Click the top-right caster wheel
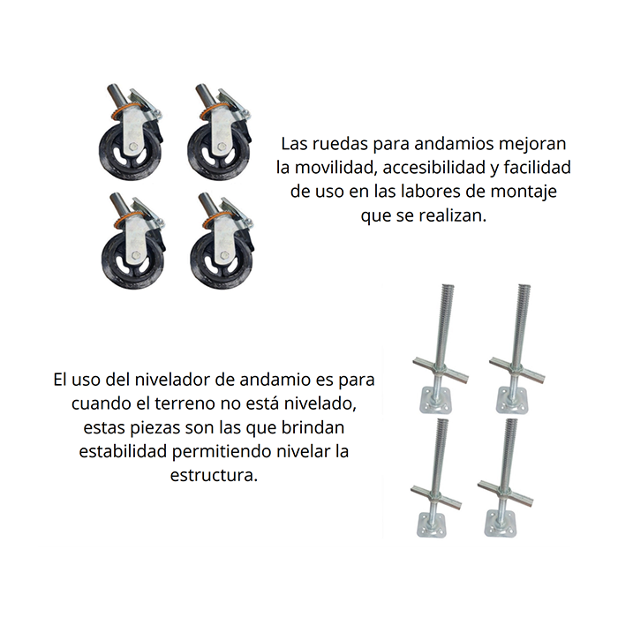pyautogui.click(x=220, y=132)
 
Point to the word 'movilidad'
pyautogui.click(x=335, y=168)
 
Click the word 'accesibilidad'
pyautogui.click(x=434, y=168)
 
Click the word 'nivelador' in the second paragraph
pyautogui.click(x=172, y=380)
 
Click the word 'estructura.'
pyautogui.click(x=214, y=475)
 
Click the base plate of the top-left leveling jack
pyautogui.click(x=435, y=400)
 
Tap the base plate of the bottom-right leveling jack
pyautogui.click(x=500, y=523)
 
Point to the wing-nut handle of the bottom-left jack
pyautogui.click(x=436, y=494)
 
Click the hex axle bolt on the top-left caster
pyautogui.click(x=133, y=147)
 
